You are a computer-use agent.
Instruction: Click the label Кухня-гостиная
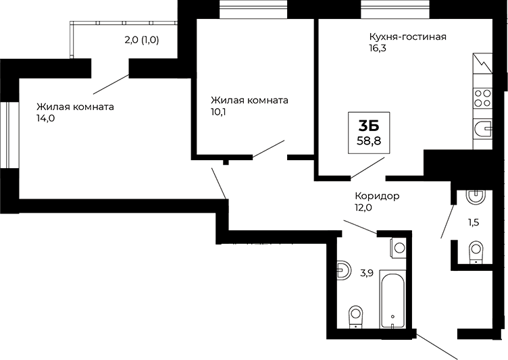coord(407,36)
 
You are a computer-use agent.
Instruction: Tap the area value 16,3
coord(378,49)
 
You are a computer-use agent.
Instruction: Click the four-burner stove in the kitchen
coord(482,99)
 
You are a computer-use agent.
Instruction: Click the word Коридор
coord(377,196)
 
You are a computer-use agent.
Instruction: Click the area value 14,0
coord(45,118)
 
